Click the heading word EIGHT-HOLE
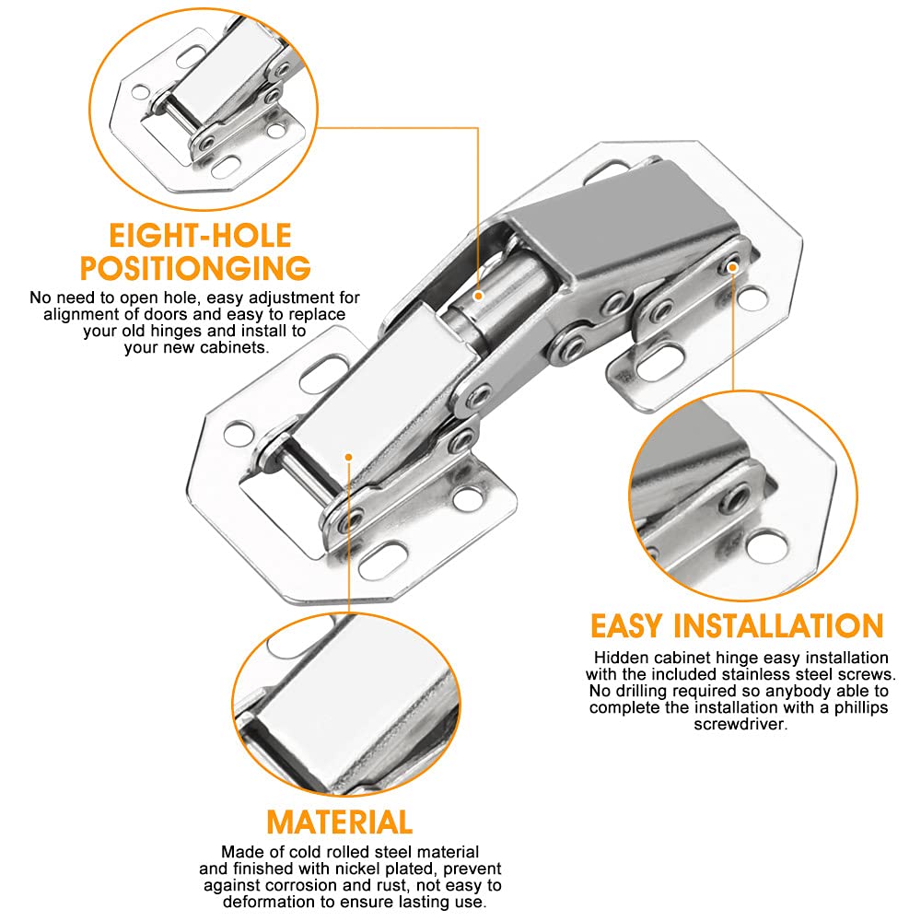200,236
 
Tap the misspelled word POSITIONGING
195,268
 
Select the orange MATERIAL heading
340,822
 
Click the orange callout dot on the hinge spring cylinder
479,296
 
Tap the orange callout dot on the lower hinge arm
348,457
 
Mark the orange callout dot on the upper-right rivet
732,267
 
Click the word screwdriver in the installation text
740,724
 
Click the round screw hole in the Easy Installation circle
766,544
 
